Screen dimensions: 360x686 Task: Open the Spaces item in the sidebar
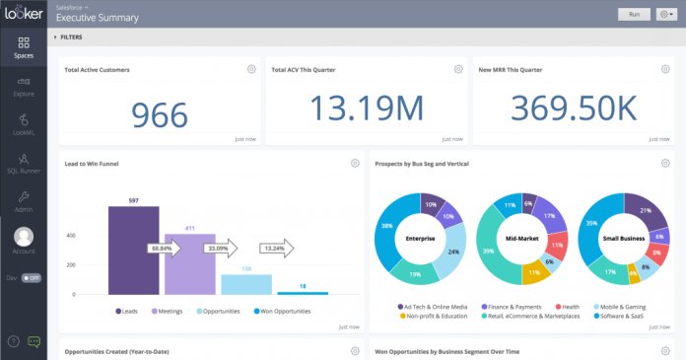(24, 47)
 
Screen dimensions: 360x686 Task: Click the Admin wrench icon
(24, 196)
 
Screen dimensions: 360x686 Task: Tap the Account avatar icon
(24, 237)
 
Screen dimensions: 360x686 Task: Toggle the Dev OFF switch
(31, 278)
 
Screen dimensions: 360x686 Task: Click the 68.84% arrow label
(163, 249)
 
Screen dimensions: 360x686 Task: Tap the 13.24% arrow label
(276, 249)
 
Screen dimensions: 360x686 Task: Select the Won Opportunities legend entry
(283, 311)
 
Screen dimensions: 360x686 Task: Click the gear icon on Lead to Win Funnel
(355, 163)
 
